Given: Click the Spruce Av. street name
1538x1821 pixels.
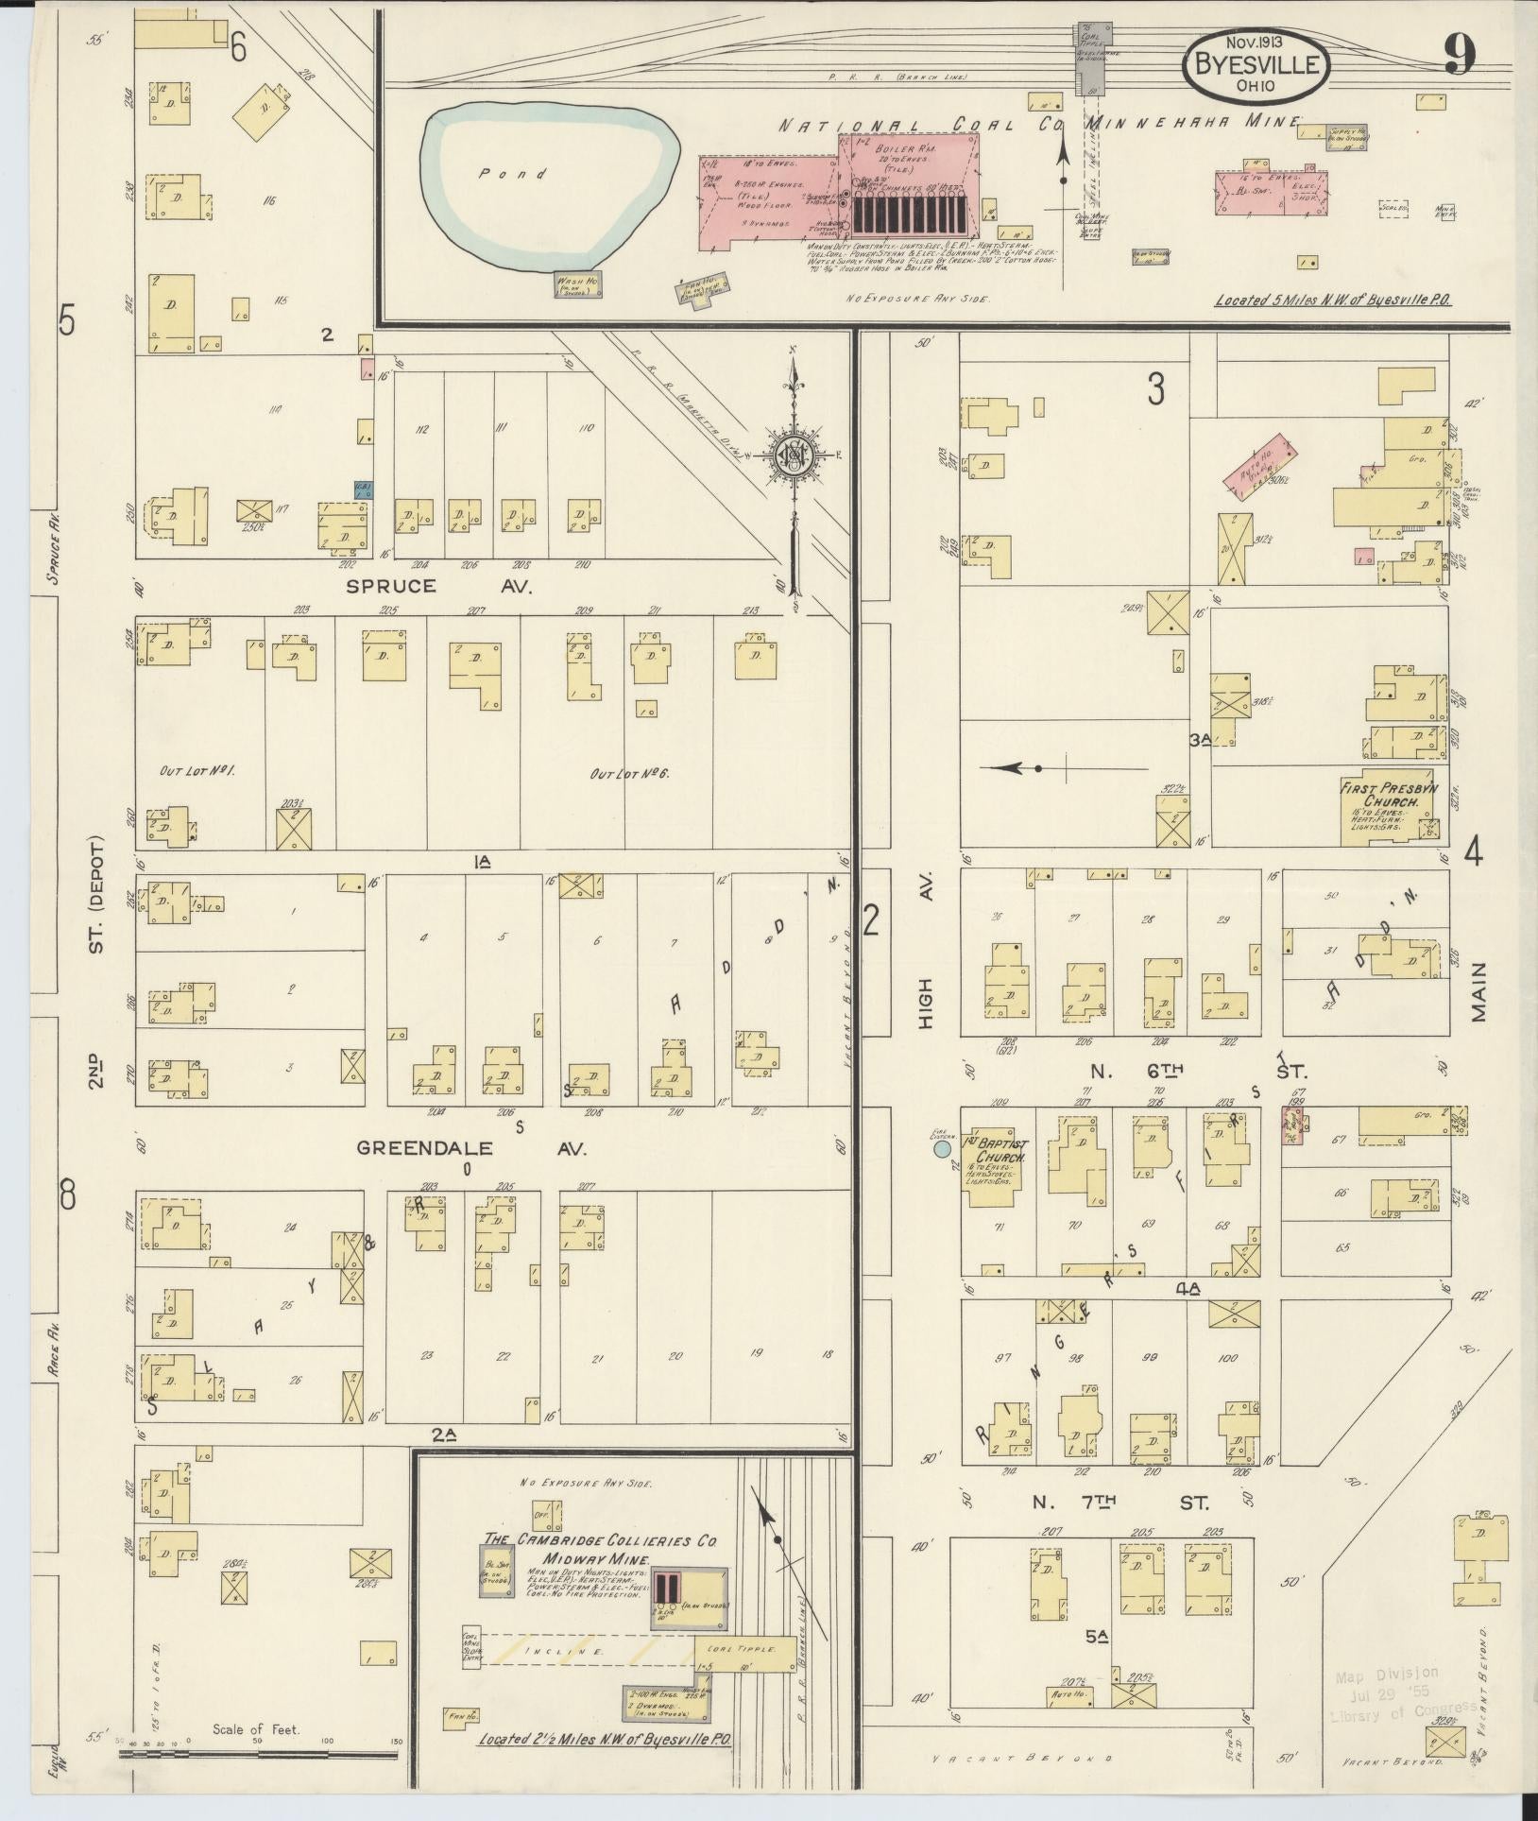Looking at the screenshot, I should coord(437,586).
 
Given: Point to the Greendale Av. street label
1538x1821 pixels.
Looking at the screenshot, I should coord(471,1149).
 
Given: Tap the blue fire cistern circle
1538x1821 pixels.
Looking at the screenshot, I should coord(942,1149).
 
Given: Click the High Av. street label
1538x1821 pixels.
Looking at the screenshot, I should coord(925,954).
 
